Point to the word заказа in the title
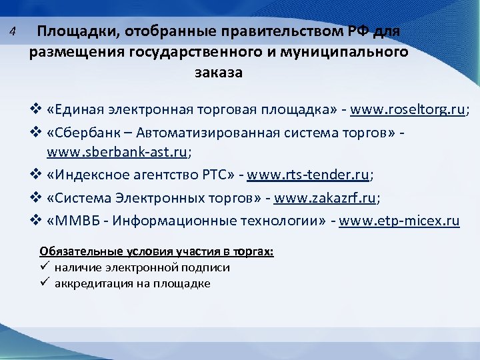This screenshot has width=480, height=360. [219, 72]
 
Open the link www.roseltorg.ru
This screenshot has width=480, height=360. [409, 110]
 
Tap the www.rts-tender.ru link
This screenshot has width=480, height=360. [308, 175]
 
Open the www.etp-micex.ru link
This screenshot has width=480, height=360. [399, 221]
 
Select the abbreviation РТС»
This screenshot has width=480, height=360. [215, 175]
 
